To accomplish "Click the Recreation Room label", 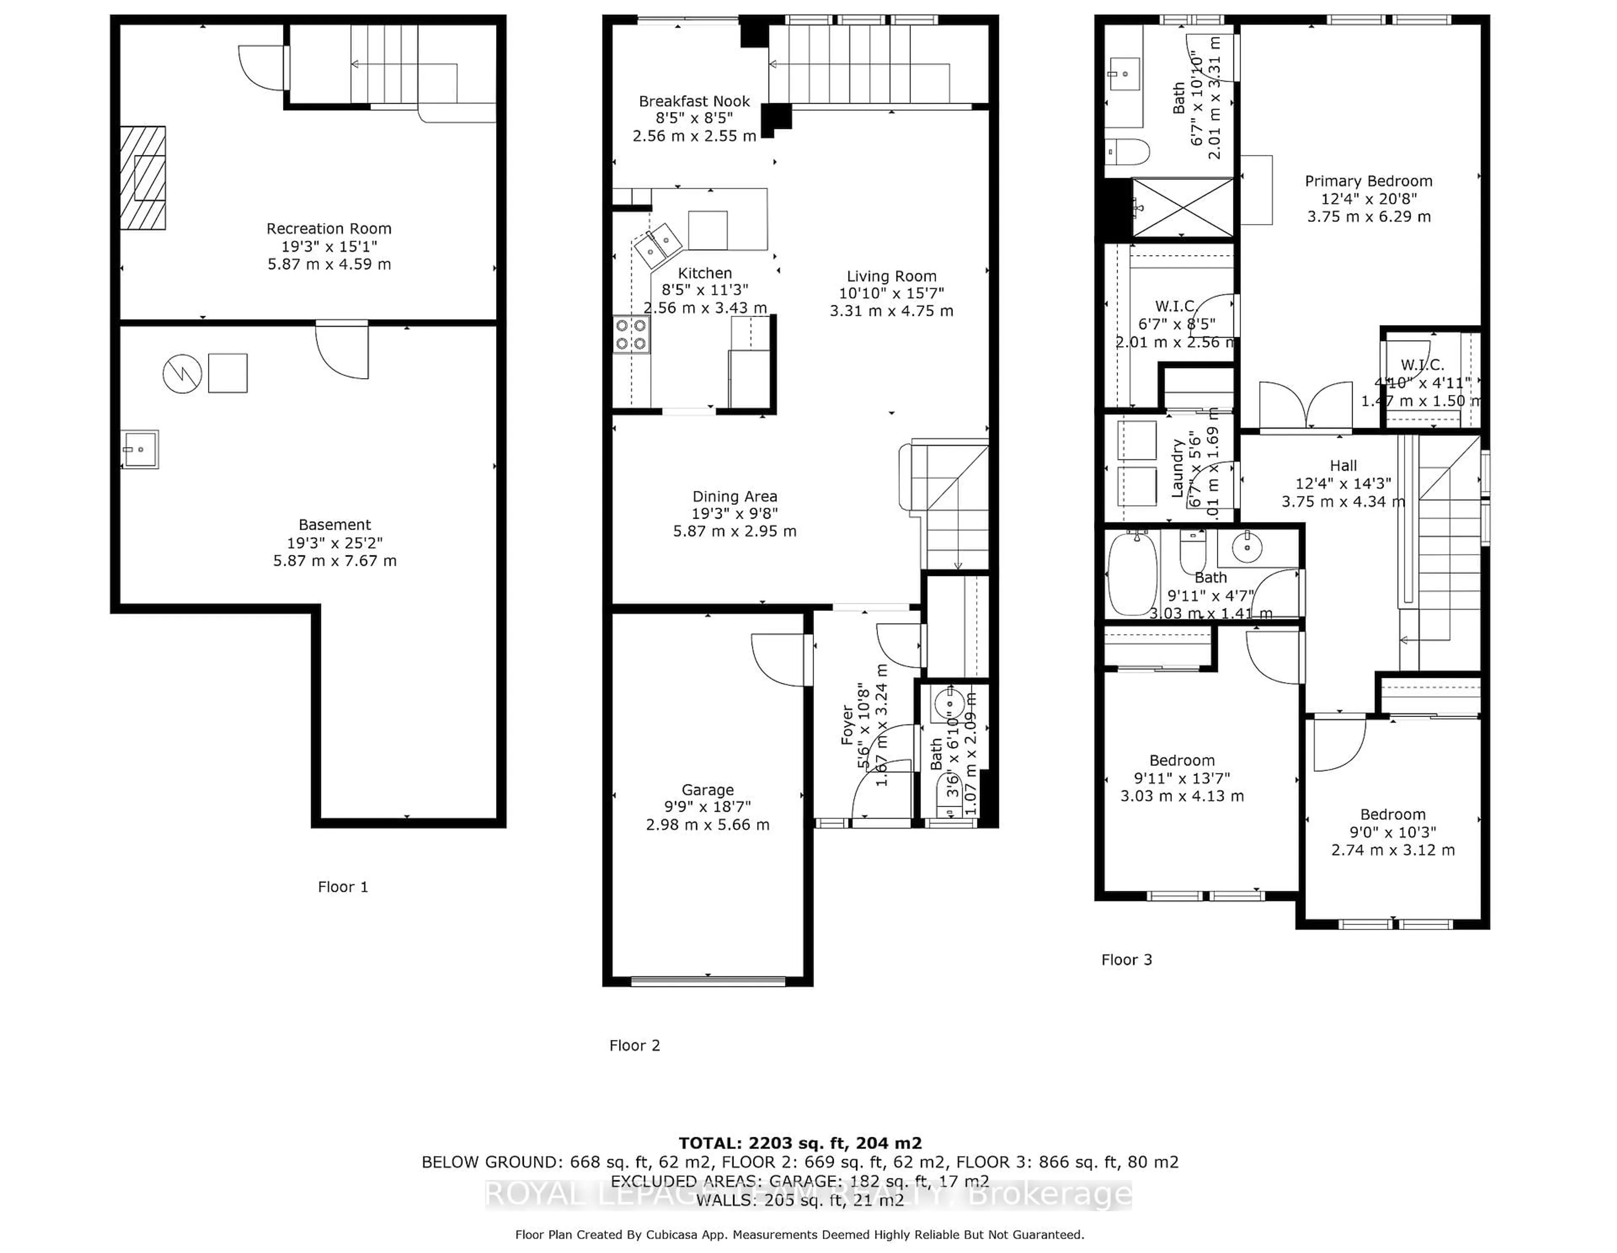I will click(x=329, y=229).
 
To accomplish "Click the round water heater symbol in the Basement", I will click(x=182, y=374).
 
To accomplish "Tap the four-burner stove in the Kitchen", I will click(x=631, y=335).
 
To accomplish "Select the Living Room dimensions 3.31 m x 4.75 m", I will click(x=891, y=311).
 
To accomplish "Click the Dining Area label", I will click(x=734, y=497).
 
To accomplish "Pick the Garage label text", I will click(x=707, y=790).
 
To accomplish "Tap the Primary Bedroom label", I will click(x=1368, y=181).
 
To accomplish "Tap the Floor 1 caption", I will click(x=343, y=887).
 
